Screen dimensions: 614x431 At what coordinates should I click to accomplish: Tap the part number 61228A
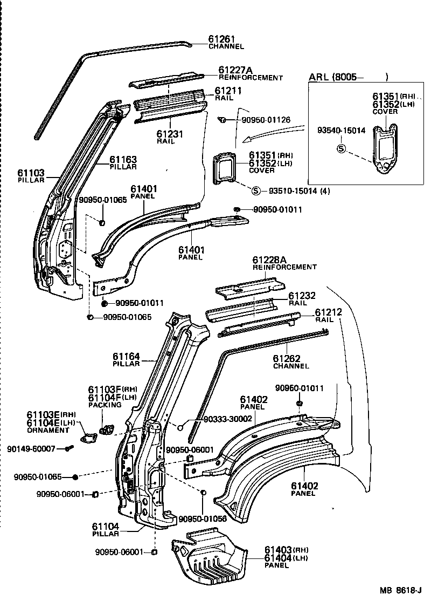[268, 259]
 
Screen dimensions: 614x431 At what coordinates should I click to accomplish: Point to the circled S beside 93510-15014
[256, 190]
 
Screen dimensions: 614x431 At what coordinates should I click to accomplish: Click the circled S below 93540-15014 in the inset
[340, 148]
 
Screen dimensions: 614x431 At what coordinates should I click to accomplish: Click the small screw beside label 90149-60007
[68, 448]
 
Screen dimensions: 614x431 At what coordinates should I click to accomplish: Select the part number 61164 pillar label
[126, 356]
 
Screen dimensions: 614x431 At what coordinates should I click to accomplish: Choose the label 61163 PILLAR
[123, 160]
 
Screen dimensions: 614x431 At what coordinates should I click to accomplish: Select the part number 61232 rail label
[302, 296]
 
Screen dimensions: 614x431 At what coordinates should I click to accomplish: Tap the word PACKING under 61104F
[102, 405]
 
